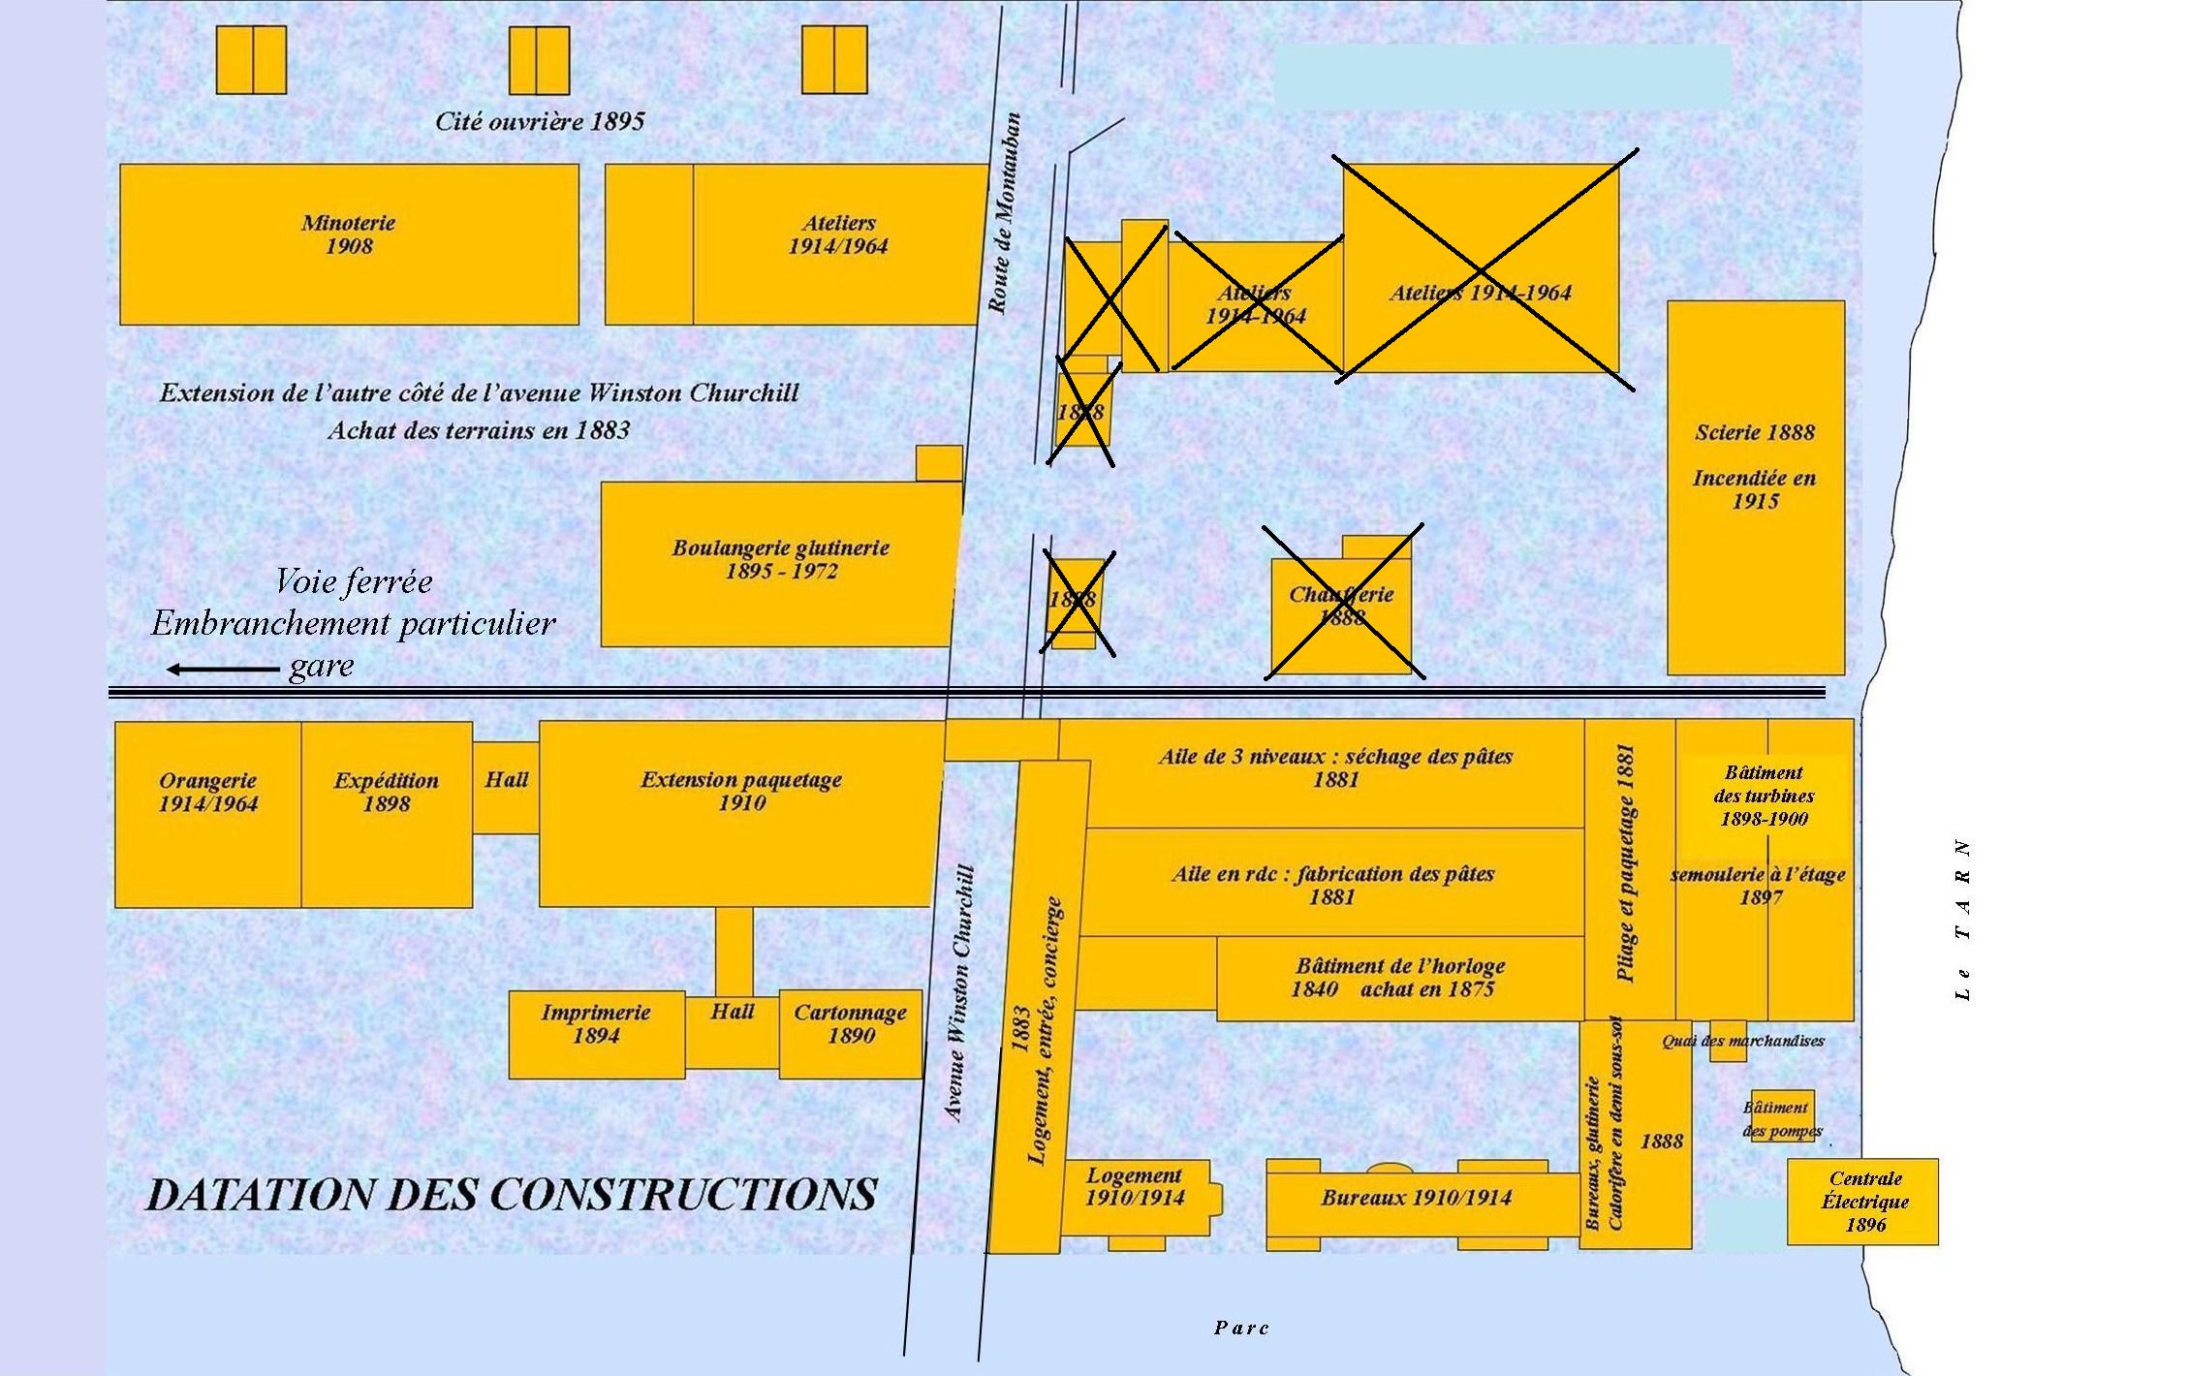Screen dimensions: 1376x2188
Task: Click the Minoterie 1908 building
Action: pyautogui.click(x=349, y=243)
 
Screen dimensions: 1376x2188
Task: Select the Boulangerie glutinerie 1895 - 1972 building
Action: pyautogui.click(x=780, y=564)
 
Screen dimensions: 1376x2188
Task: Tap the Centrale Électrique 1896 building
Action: pyautogui.click(x=1862, y=1202)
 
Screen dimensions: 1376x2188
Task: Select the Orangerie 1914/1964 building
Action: pyautogui.click(x=207, y=814)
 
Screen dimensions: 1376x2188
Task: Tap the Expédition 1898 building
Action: pyautogui.click(x=387, y=814)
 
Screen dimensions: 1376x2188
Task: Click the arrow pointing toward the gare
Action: pyautogui.click(x=223, y=669)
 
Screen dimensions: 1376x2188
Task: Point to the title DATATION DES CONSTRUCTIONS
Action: pyautogui.click(x=511, y=1194)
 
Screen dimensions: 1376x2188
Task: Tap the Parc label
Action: pyautogui.click(x=1241, y=1328)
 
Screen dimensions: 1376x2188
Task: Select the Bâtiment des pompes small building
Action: pyautogui.click(x=1782, y=1116)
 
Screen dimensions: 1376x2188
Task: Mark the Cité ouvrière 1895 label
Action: pyautogui.click(x=539, y=122)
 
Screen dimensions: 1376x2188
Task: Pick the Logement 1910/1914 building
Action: pyautogui.click(x=1134, y=1198)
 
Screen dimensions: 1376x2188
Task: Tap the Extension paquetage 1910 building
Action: pyautogui.click(x=741, y=812)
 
